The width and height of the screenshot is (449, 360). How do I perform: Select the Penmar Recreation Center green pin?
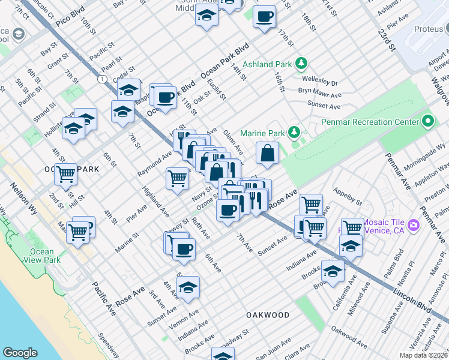coord(427,122)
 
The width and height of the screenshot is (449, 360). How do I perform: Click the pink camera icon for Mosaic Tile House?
coord(412,225)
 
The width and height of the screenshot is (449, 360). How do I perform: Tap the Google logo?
coord(20,353)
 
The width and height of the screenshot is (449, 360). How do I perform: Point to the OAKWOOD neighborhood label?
coord(268,315)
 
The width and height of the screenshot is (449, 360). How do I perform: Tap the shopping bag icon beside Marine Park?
coord(268,153)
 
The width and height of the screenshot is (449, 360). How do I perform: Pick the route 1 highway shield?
coord(103,79)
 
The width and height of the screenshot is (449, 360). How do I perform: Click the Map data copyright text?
coord(423,355)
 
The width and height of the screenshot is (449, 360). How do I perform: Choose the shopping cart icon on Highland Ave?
coord(177,178)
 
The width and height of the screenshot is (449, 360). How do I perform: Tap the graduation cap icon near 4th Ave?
coord(188,287)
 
